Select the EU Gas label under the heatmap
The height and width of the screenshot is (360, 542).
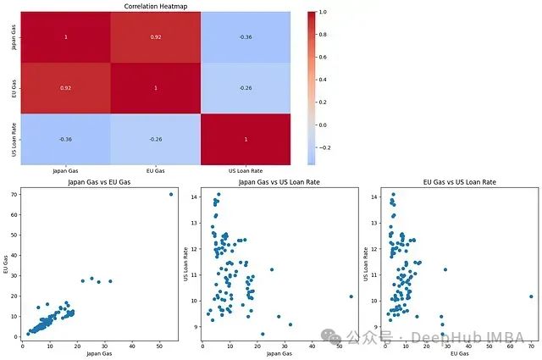click(155, 171)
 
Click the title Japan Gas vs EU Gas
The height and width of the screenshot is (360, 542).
click(98, 182)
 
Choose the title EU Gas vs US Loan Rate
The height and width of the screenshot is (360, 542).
click(459, 182)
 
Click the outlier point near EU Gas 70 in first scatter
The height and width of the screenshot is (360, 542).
click(170, 194)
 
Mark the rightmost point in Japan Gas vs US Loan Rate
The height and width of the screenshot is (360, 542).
click(351, 296)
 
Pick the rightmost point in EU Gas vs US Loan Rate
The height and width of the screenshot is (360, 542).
click(531, 296)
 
